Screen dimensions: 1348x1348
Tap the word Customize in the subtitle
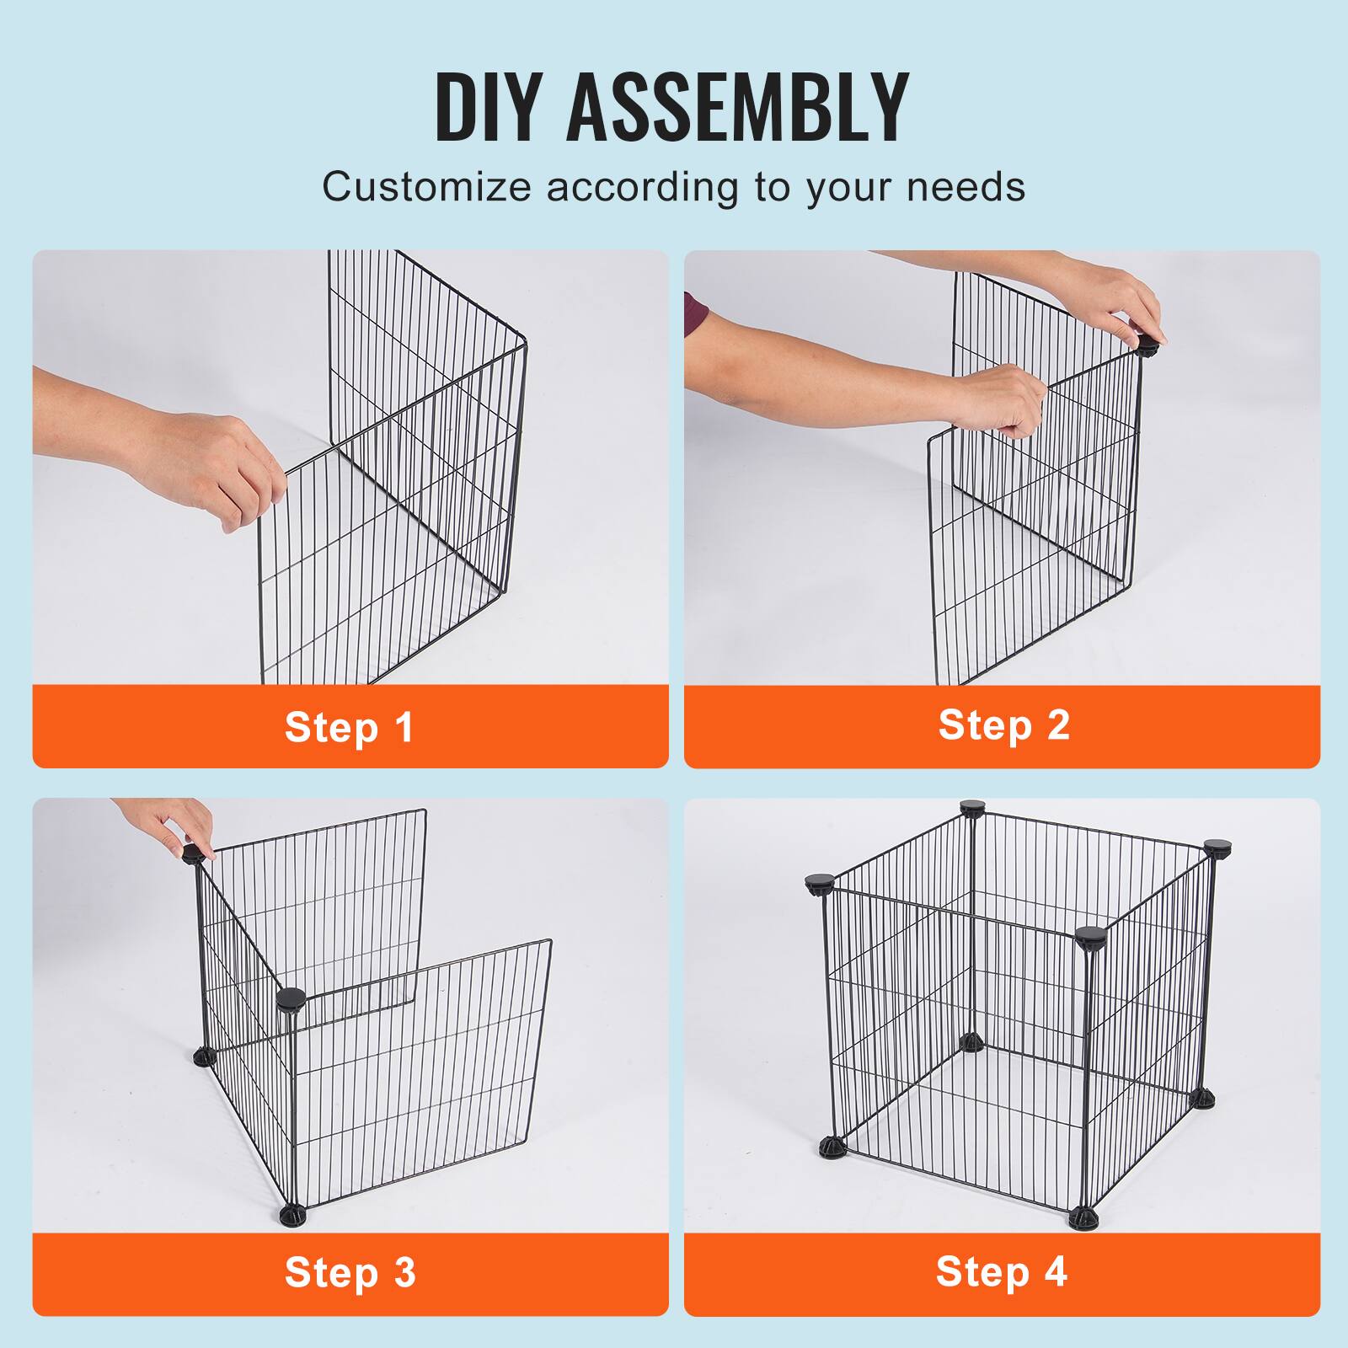426,186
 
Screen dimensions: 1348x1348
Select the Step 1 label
350,727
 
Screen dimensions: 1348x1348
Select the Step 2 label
1003,725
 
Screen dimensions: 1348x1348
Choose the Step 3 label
350,1272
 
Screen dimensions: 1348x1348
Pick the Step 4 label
1001,1271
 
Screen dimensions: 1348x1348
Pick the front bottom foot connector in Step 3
292,1216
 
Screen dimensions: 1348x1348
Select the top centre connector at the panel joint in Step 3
291,1000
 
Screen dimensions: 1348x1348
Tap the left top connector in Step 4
819,884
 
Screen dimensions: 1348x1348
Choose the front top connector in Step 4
1089,936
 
